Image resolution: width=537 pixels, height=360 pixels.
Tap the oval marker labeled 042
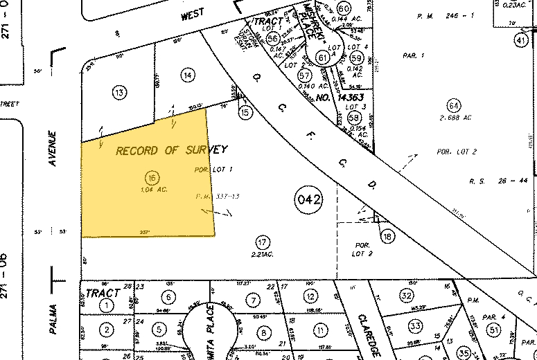(x=308, y=201)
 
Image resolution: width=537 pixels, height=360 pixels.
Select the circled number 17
(x=262, y=242)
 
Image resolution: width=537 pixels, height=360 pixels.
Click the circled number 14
(x=186, y=74)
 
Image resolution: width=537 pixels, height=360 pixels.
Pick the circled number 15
(x=244, y=111)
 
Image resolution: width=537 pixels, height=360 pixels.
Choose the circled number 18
(x=387, y=237)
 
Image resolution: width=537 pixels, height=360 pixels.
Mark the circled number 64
(x=454, y=106)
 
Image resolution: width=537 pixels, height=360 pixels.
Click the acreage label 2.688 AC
(x=455, y=118)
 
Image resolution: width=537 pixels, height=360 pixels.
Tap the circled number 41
(x=520, y=41)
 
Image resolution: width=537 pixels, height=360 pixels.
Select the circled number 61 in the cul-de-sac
(x=322, y=57)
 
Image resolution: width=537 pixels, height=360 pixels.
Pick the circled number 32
(x=407, y=296)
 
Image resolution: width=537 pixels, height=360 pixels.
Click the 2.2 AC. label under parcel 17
(x=262, y=255)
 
